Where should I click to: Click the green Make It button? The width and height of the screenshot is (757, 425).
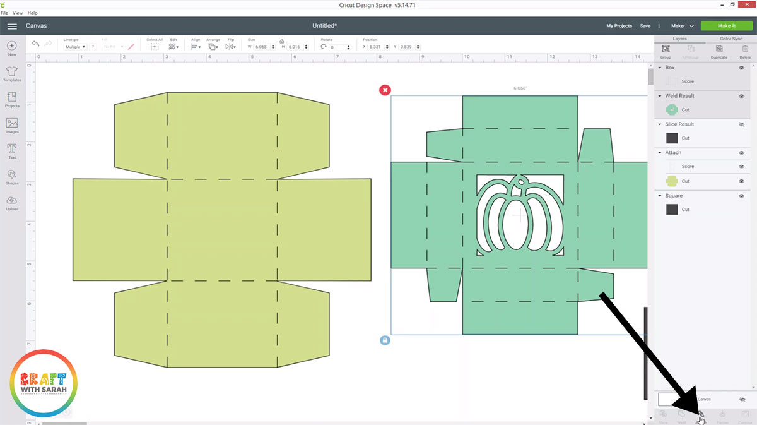[726, 26]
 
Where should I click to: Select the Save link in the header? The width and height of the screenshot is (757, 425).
[645, 26]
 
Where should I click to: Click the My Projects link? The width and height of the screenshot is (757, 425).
[619, 26]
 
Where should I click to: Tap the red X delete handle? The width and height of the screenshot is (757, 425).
[385, 90]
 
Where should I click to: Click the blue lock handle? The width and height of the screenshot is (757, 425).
[385, 340]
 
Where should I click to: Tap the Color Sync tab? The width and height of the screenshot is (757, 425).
[731, 39]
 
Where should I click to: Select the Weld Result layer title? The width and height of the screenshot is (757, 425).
[679, 96]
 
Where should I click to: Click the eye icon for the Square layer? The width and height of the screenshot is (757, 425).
[741, 196]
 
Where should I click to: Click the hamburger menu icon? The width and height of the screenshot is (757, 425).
[12, 26]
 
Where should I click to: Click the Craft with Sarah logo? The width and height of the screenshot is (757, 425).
[44, 382]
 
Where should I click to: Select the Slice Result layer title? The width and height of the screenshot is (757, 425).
[679, 124]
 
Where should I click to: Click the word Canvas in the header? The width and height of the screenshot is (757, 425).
[36, 26]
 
